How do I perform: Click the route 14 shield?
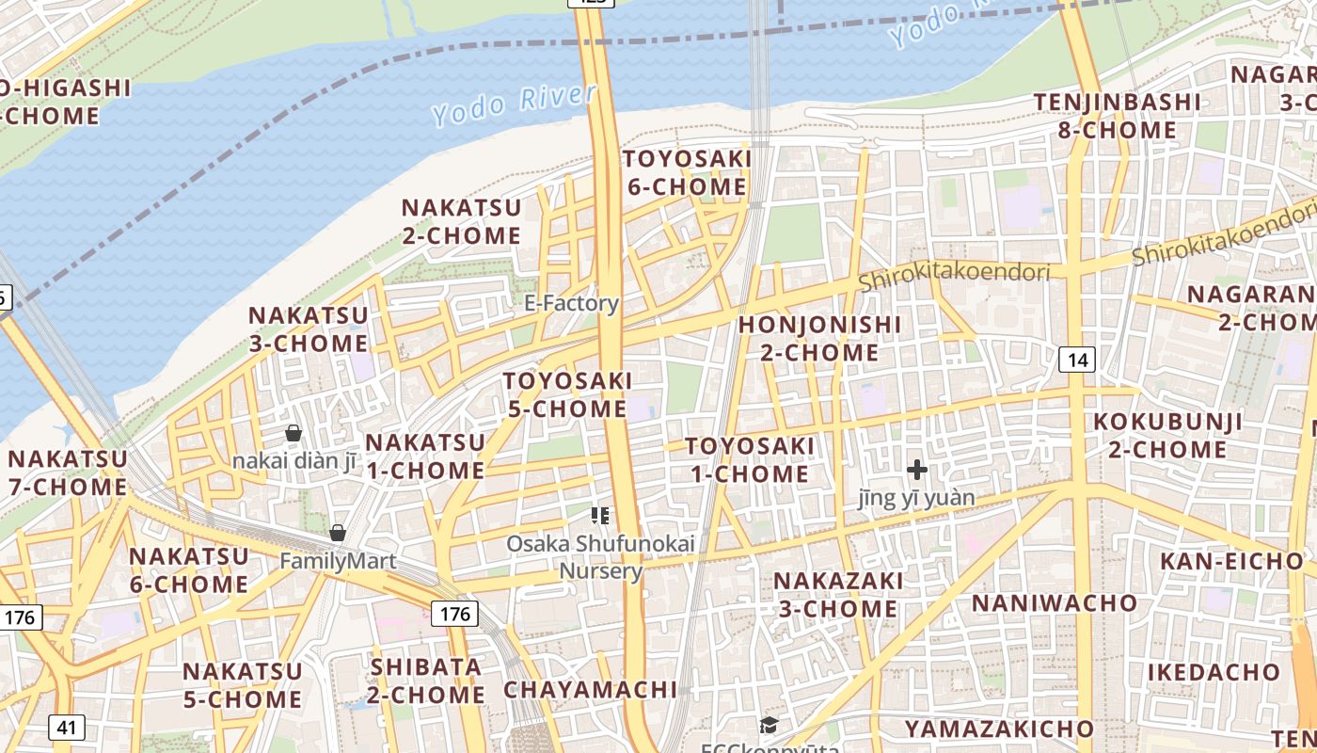point(1078,359)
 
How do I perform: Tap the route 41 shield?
point(66,728)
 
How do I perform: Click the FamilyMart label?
point(338,561)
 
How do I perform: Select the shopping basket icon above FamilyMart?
point(338,534)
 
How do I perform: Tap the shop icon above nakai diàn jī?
point(294,433)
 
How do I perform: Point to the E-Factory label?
point(571,303)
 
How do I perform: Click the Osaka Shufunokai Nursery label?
point(600,556)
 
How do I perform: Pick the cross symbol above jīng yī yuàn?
point(917,469)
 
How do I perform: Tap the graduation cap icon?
point(770,725)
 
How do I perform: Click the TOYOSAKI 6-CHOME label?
point(687,172)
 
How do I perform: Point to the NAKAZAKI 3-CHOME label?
point(837,594)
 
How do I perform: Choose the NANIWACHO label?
point(1054,602)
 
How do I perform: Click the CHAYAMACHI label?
point(590,690)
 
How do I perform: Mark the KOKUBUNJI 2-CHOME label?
point(1167,435)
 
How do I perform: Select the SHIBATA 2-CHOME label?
point(426,681)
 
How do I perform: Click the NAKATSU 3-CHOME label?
point(308,328)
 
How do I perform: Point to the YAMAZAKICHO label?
point(999,729)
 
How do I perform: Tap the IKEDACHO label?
point(1214,672)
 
